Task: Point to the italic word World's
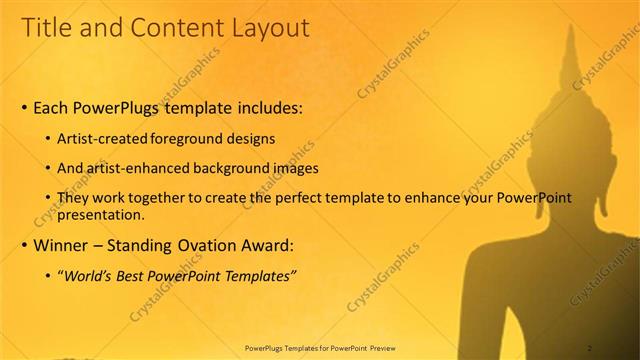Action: pyautogui.click(x=87, y=276)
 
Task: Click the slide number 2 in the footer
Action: pyautogui.click(x=590, y=348)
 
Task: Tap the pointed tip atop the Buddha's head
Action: pyautogui.click(x=571, y=27)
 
